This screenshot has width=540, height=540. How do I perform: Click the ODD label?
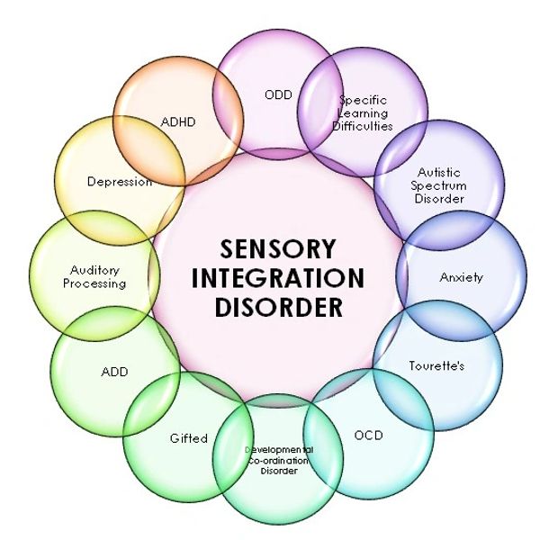(x=279, y=94)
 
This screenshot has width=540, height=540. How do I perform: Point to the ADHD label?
(x=180, y=122)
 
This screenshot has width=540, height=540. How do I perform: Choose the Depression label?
(x=120, y=182)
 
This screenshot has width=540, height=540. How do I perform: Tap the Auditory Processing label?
(x=96, y=276)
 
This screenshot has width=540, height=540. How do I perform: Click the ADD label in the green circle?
(x=115, y=372)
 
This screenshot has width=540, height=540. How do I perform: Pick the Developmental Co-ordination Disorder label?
(x=278, y=460)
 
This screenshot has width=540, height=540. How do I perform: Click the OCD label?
(x=368, y=436)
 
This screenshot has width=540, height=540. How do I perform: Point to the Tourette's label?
(x=436, y=366)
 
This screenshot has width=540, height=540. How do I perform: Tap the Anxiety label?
(x=462, y=277)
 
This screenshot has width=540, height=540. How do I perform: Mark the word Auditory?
(x=94, y=269)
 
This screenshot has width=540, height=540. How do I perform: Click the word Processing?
(x=98, y=283)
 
